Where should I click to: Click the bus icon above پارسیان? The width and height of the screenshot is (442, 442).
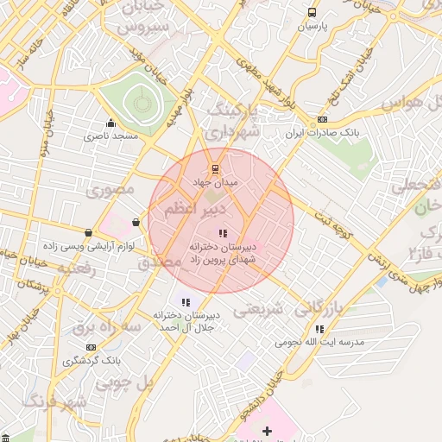click(312, 13)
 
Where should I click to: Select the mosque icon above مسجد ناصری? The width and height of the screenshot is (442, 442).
click(110, 123)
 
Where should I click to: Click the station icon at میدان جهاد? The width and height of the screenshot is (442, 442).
click(215, 168)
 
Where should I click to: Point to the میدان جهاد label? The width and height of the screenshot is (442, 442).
click(220, 182)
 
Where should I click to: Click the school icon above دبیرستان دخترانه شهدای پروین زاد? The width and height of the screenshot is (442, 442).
click(222, 232)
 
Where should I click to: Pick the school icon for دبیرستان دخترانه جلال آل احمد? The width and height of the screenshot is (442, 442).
click(186, 301)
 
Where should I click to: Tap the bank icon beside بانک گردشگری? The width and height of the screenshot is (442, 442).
click(91, 346)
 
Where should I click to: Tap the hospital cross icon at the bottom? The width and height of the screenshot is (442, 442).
click(267, 430)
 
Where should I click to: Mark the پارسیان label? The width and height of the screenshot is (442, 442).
click(313, 27)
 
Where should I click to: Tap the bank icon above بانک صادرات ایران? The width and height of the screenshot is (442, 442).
click(322, 119)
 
